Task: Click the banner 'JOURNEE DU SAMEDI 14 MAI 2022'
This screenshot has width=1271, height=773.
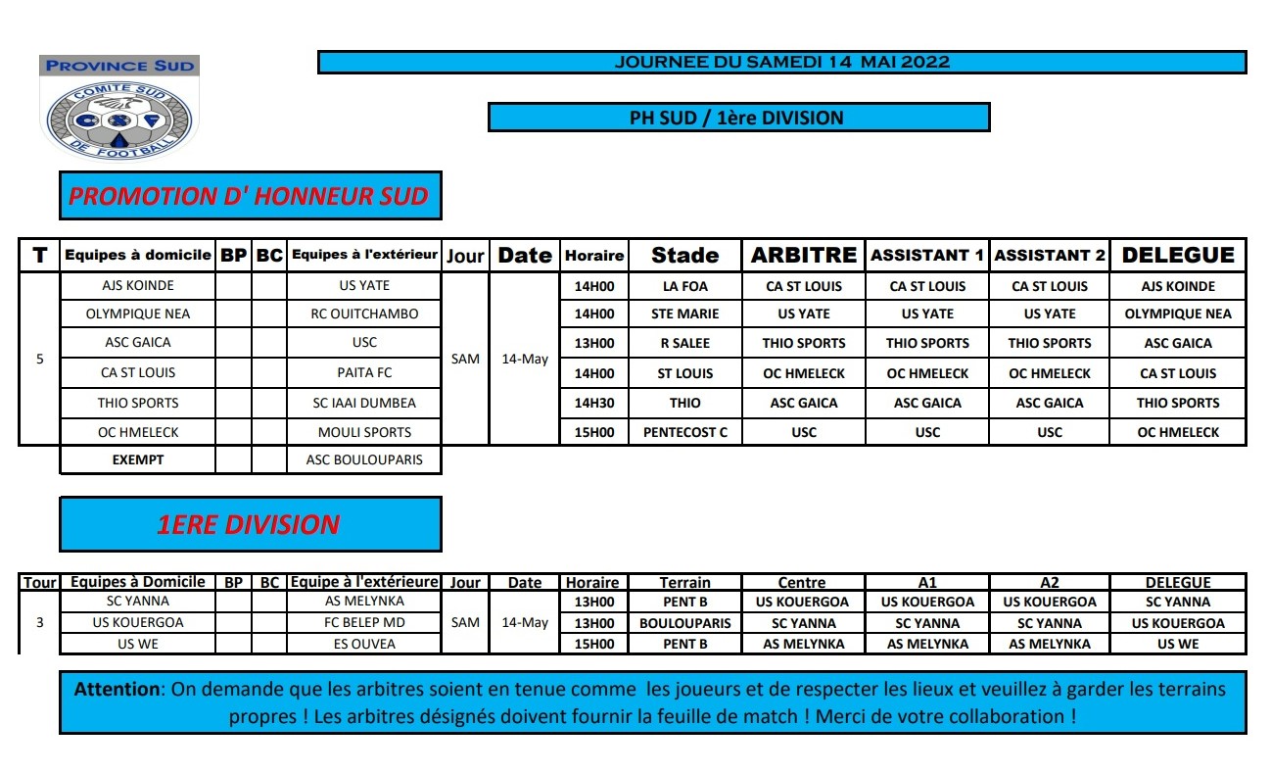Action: point(781,63)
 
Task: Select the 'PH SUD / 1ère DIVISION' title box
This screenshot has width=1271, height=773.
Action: point(738,118)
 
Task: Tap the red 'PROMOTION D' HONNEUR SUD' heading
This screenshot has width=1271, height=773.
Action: point(249,196)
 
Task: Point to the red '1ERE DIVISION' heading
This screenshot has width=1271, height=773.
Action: point(249,524)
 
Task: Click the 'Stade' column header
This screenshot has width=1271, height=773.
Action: point(684,256)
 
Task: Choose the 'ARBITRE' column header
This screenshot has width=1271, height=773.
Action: point(803,256)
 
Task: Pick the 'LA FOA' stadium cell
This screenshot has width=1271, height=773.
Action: point(684,286)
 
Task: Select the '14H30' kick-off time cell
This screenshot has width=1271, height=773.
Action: point(593,403)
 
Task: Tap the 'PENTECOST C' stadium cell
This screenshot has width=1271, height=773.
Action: point(684,432)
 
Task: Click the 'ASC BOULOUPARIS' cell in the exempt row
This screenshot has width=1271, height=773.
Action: point(364,459)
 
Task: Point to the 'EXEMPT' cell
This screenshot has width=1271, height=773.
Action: point(137,459)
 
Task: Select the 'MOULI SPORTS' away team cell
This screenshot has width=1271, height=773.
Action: point(364,432)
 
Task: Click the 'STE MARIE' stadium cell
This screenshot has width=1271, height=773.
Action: point(684,314)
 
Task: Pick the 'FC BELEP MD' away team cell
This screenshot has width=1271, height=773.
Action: point(364,623)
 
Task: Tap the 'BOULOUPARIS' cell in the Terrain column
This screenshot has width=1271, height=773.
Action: point(684,623)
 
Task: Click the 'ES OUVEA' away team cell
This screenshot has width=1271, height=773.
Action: point(364,644)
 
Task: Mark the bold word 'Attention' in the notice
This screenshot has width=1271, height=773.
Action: point(117,689)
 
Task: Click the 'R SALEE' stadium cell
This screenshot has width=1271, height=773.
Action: point(684,343)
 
